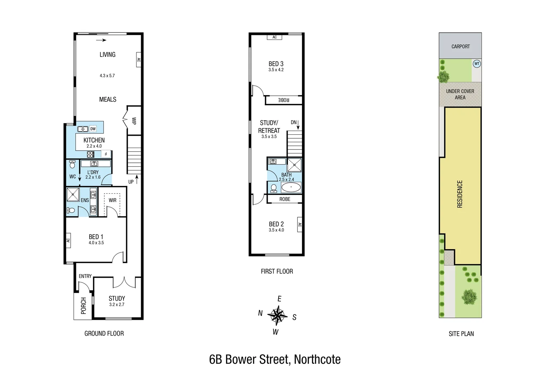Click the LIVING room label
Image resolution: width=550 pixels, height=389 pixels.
click(107, 55)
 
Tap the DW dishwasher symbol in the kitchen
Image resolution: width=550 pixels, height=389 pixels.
click(93, 129)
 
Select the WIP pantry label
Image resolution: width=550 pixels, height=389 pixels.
click(134, 121)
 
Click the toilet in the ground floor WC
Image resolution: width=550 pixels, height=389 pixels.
click(72, 165)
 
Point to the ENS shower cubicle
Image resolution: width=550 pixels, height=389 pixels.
click(73, 194)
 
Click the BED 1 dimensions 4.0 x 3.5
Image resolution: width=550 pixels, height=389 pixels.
click(96, 243)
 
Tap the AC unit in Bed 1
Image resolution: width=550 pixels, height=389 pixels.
click(68, 240)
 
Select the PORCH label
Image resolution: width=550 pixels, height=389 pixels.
click(84, 305)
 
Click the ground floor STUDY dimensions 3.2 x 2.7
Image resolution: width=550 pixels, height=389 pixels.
click(117, 304)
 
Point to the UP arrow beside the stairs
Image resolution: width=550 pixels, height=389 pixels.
click(137, 180)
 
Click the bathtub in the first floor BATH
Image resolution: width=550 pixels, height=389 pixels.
click(290, 187)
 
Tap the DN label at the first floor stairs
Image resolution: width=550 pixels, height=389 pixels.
click(294, 122)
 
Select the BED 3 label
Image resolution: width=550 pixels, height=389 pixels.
click(276, 64)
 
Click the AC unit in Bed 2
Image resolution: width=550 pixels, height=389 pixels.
click(299, 225)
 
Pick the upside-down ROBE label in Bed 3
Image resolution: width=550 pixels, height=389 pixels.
click(284, 100)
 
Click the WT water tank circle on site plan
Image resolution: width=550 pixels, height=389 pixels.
click(477, 64)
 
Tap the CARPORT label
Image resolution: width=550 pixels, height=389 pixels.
click(460, 46)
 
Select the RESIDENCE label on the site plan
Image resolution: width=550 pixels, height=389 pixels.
click(460, 194)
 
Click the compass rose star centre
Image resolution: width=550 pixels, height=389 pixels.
click(277, 316)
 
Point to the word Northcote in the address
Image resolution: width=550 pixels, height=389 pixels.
click(317, 359)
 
